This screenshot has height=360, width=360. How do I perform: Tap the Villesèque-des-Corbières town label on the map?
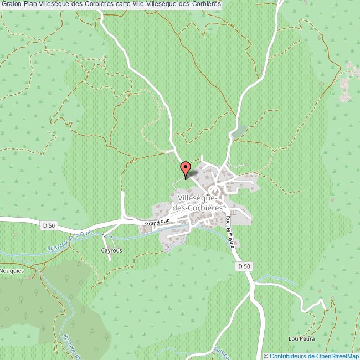200,202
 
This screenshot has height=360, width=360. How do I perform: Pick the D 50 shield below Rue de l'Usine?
244,266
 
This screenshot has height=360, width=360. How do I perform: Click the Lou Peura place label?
298,338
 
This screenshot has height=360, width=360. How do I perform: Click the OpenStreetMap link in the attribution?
337,356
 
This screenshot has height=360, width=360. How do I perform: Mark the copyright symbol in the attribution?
266,356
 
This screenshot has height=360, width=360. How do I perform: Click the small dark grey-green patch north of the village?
239,132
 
